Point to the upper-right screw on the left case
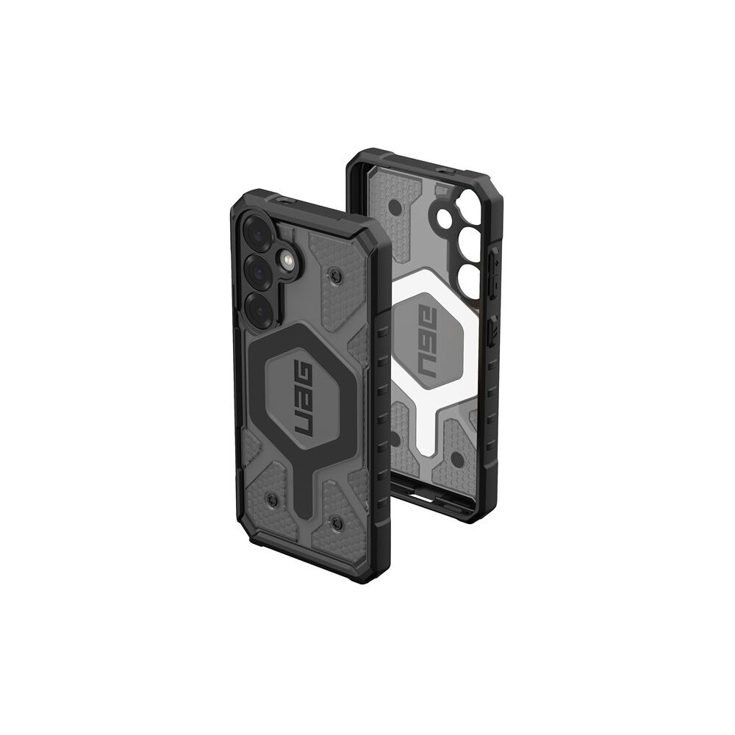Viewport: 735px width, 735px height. point(336,273)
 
